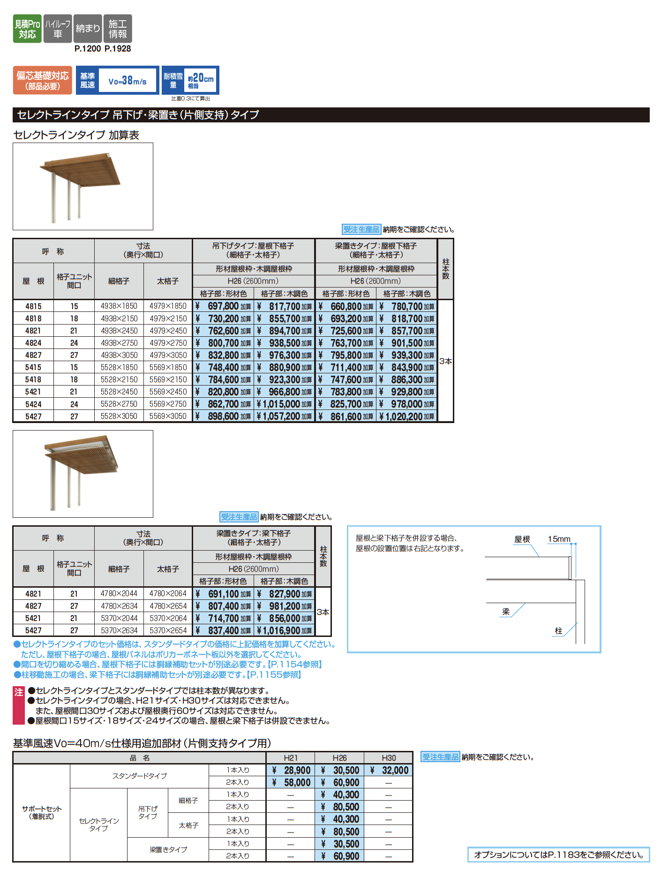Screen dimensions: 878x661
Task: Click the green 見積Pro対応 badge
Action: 27,29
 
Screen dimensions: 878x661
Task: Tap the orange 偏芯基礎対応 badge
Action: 42,80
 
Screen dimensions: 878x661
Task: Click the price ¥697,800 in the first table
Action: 224,306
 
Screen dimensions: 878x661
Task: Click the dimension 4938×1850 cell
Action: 119,306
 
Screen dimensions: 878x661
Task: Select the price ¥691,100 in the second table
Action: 224,594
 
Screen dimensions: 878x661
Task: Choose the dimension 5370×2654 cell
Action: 168,630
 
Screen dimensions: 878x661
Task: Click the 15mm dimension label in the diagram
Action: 559,539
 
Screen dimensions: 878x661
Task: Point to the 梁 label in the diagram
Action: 506,612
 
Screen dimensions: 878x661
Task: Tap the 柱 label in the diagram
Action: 558,631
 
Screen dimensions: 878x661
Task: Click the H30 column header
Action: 389,758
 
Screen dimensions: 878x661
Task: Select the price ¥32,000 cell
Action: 390,770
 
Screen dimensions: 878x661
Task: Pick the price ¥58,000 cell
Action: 292,782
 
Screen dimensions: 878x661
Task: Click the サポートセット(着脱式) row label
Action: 42,812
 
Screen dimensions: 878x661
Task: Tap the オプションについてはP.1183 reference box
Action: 558,855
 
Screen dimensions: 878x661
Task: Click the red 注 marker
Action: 18,692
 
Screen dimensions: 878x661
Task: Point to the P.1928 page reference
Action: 118,49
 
